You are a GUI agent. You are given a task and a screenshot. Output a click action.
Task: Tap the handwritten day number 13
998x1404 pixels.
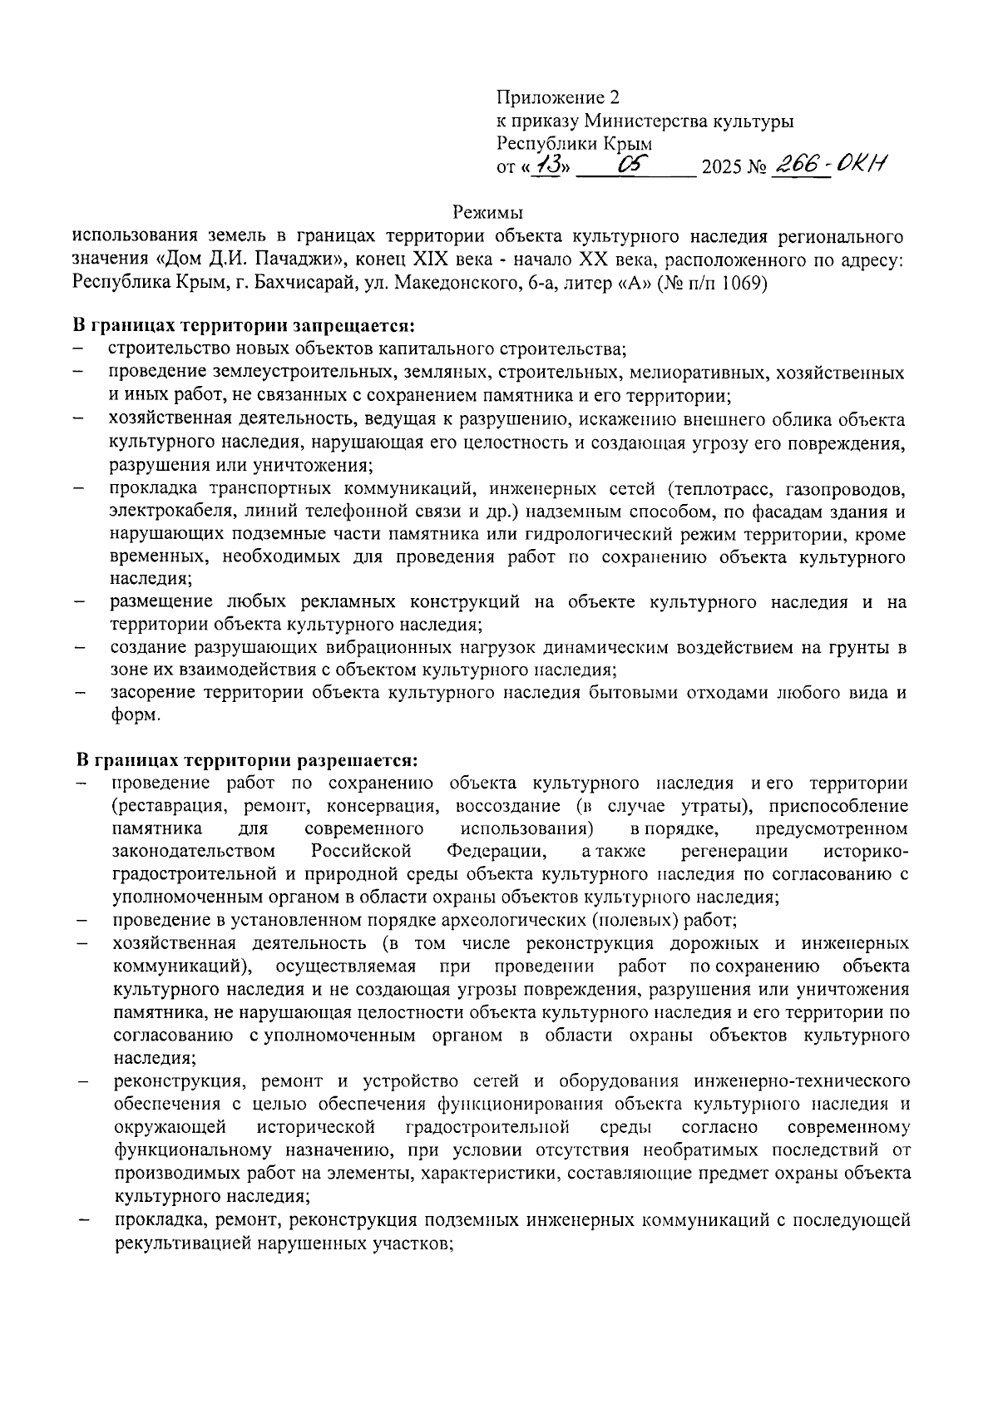549,166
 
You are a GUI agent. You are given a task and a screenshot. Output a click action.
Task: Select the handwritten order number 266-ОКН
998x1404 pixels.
829,165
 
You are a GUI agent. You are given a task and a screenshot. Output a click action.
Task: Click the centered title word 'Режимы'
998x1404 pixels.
488,212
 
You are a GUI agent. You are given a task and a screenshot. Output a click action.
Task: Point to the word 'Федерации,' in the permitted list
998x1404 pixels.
497,852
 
